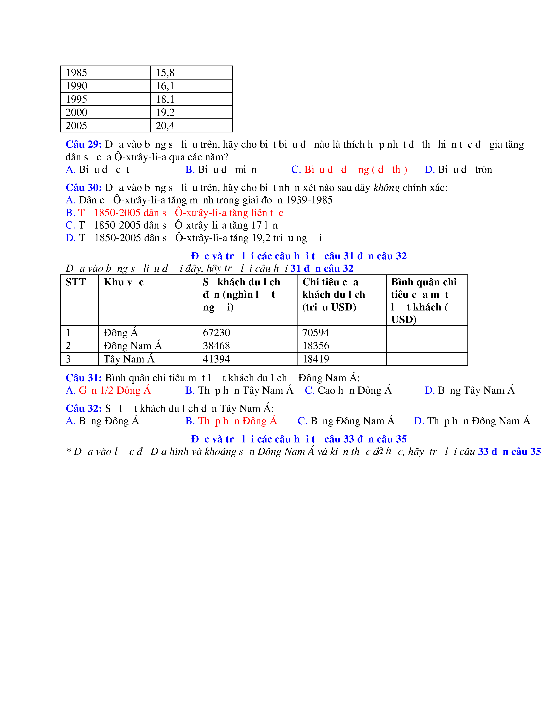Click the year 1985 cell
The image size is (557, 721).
pos(76,73)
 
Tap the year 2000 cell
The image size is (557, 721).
pos(76,112)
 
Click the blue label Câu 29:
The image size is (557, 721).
pos(83,144)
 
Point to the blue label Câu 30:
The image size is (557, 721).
pos(83,187)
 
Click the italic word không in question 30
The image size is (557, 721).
pos(386,187)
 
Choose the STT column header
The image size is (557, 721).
pos(76,282)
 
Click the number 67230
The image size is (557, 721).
pos(216,333)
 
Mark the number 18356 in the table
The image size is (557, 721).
pos(316,346)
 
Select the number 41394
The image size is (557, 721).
pos(216,359)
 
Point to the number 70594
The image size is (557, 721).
pos(316,333)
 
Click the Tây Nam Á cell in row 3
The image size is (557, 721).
pos(129,359)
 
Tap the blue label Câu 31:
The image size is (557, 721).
pos(83,378)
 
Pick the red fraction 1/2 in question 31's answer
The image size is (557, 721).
pos(107,390)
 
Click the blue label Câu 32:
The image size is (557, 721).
pos(83,408)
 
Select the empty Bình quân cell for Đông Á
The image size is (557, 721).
pos(427,333)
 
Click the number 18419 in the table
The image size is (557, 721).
pos(316,359)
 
